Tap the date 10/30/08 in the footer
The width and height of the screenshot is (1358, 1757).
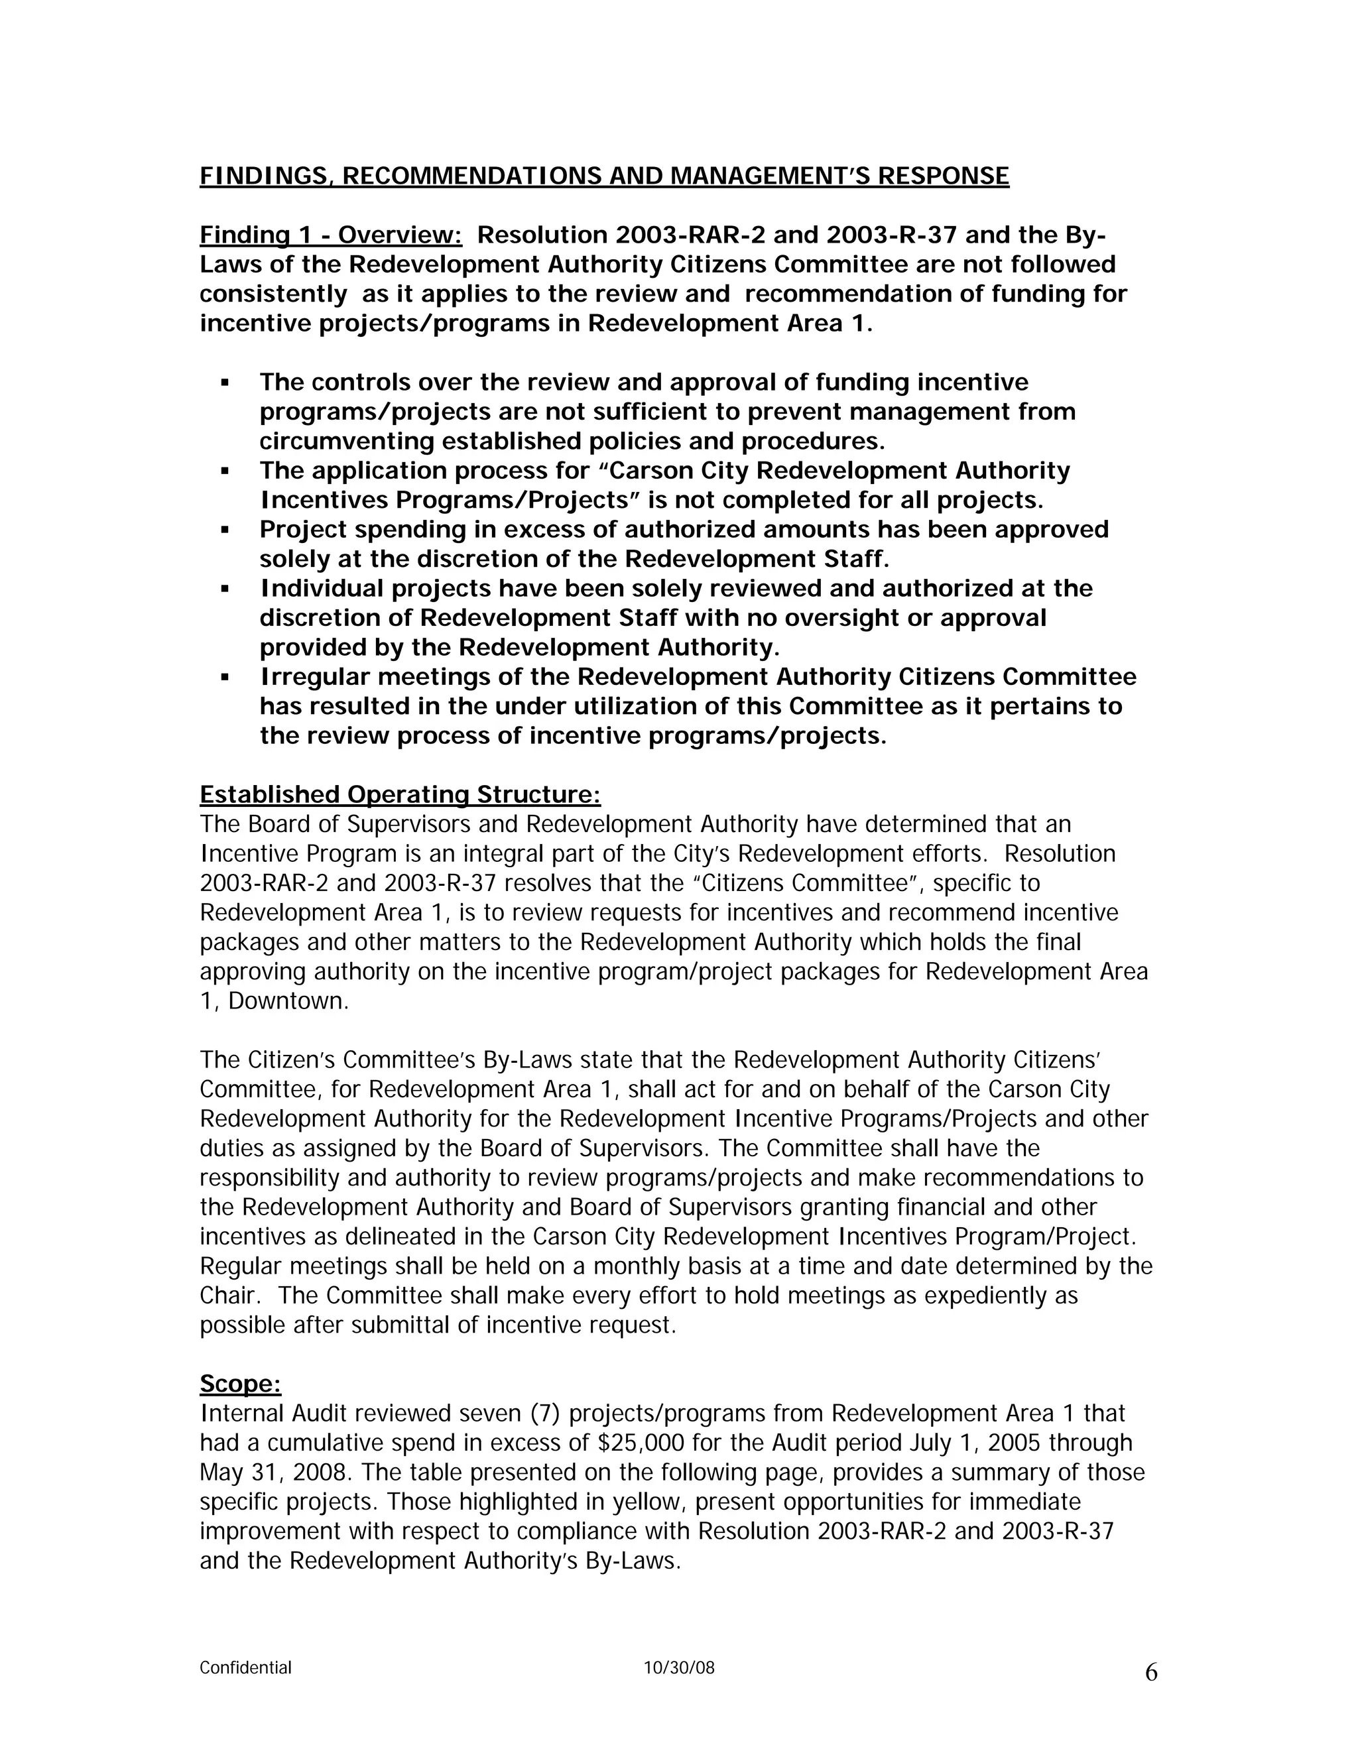tap(679, 1667)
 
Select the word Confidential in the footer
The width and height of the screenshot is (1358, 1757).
tap(245, 1667)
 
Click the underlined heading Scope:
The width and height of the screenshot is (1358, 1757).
tap(240, 1384)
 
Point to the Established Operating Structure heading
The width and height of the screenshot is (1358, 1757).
tap(400, 795)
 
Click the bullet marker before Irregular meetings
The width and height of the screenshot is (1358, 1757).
tap(225, 678)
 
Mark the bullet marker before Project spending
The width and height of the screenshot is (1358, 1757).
tap(225, 530)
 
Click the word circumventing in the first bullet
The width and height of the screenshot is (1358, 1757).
tap(347, 442)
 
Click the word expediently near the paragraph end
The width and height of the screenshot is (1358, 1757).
tap(969, 1296)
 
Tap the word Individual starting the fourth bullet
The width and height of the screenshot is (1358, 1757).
tap(321, 589)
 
